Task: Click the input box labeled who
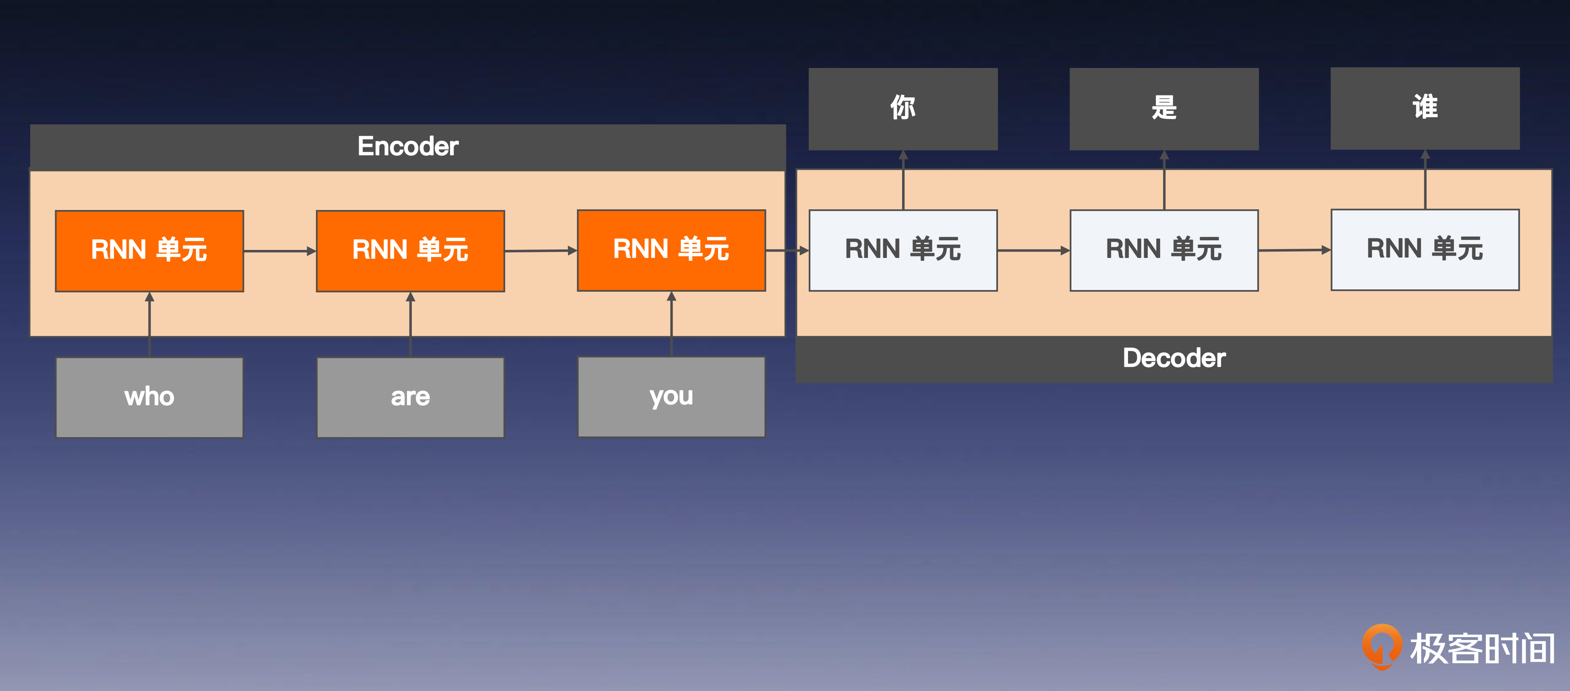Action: click(x=149, y=397)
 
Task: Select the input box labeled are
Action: click(x=410, y=397)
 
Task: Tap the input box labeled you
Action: click(x=671, y=397)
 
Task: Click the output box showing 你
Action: click(x=903, y=109)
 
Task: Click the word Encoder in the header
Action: click(x=408, y=146)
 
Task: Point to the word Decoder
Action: click(x=1174, y=358)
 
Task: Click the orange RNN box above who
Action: click(x=149, y=250)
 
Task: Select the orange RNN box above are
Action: click(x=410, y=250)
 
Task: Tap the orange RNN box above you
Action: click(x=671, y=250)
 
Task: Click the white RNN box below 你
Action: click(x=903, y=250)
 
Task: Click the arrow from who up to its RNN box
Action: click(x=149, y=324)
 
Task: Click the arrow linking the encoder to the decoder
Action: click(x=787, y=250)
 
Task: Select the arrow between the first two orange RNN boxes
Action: click(x=280, y=250)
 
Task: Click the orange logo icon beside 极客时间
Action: click(x=1381, y=646)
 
